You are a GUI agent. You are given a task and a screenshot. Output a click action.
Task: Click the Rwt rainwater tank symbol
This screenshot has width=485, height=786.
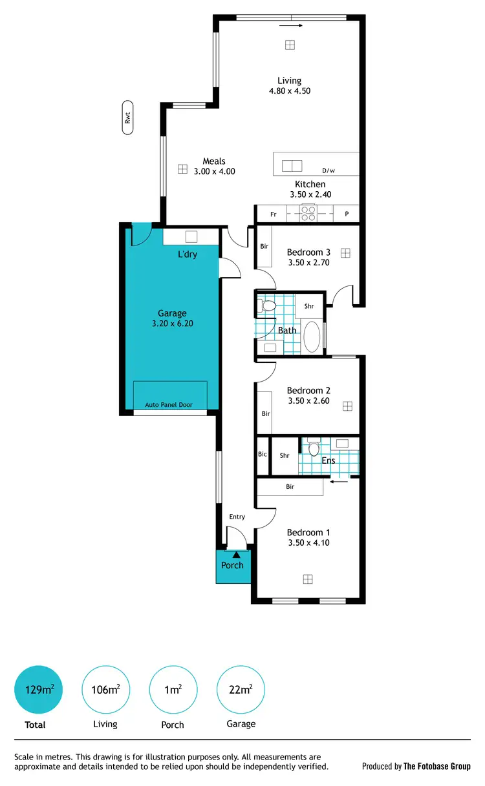point(127,118)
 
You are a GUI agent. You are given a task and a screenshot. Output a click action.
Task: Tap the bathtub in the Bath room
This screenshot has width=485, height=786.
point(312,336)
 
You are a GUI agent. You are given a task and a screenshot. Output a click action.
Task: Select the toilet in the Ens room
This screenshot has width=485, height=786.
point(314,448)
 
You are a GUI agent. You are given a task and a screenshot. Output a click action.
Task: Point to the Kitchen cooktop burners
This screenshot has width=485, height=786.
point(308,213)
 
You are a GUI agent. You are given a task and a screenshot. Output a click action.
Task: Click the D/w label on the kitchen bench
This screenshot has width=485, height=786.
point(329,171)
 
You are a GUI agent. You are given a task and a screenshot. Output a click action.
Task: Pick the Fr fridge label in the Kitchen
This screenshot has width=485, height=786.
point(274,214)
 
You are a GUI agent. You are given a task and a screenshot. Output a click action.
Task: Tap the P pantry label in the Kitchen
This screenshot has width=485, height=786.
point(347,214)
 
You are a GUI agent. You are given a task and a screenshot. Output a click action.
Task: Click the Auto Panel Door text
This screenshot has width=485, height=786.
point(169,405)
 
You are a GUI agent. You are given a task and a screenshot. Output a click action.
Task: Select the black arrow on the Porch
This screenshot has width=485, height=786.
point(237,553)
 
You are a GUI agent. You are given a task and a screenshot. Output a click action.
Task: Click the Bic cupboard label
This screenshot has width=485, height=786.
point(263,455)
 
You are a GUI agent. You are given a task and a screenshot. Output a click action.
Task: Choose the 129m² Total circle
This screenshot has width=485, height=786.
point(39,690)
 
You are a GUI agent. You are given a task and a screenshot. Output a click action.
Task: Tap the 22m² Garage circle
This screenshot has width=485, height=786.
point(241,690)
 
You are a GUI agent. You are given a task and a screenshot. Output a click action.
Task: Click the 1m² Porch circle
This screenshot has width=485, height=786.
point(173,690)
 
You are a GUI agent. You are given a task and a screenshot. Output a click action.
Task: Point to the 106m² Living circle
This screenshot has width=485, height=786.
point(105,690)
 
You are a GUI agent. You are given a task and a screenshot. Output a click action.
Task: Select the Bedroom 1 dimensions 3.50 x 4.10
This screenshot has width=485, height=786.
point(308,543)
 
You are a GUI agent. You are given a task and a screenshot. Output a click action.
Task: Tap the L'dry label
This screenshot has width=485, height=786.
point(188,254)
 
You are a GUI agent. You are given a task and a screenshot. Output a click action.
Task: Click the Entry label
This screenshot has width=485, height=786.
point(237,517)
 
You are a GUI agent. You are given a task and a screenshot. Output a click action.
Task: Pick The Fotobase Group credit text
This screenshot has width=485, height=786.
point(436,767)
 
